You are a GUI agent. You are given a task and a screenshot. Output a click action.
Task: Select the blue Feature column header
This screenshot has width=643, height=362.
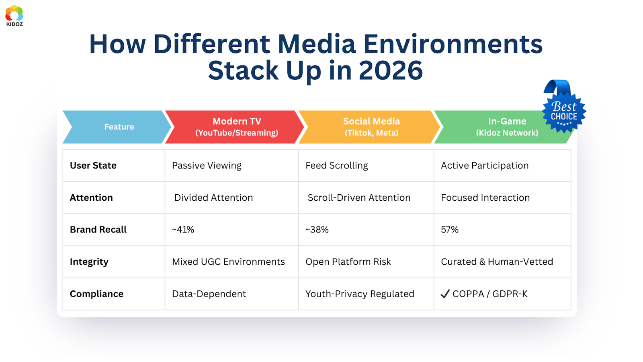(119, 127)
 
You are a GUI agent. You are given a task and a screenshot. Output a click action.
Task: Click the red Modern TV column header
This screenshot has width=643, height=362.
(237, 127)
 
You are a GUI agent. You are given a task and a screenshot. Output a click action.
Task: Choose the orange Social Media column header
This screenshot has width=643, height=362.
(371, 127)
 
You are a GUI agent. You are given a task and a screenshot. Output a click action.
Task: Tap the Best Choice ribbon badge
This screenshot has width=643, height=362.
(563, 111)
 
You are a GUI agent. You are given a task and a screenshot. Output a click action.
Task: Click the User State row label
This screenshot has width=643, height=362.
(93, 166)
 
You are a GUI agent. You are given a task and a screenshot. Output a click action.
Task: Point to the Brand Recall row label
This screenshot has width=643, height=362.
(98, 230)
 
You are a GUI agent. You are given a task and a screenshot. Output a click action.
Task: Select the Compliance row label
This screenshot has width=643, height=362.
(96, 294)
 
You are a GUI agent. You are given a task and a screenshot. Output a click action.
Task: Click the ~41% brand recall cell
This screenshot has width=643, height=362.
(183, 230)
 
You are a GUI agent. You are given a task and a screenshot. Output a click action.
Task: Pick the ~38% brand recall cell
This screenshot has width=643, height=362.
(317, 230)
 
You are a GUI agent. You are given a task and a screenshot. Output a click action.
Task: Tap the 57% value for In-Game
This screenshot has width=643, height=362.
(450, 230)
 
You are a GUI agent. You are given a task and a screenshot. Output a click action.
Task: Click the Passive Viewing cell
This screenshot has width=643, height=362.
(207, 166)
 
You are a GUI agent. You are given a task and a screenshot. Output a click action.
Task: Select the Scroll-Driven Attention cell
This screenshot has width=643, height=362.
(359, 197)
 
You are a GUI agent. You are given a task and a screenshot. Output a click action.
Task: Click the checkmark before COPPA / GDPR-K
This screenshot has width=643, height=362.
(445, 294)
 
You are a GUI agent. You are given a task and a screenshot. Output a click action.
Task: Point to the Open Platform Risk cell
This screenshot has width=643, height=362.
(348, 262)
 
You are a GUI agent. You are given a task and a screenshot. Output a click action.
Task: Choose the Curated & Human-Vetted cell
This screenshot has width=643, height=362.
(497, 262)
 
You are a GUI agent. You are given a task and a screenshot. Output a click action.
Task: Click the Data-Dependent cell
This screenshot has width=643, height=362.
(209, 294)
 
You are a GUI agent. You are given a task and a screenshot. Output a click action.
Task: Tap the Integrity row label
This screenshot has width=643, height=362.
(89, 262)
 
